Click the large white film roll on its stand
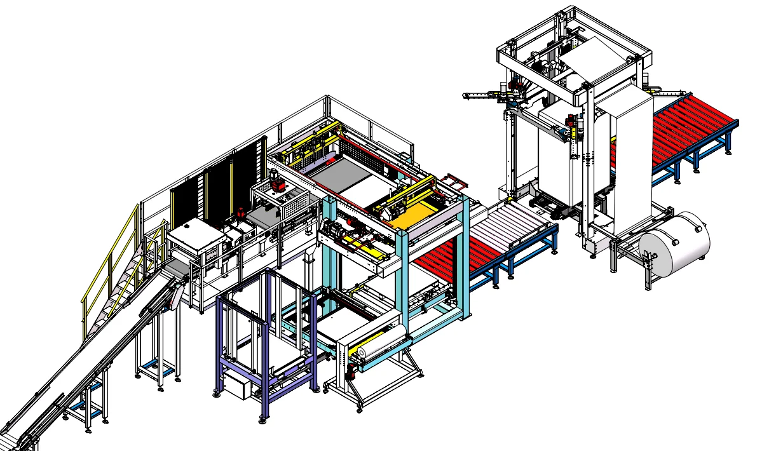pos(674,245)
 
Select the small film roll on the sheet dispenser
pos(380,344)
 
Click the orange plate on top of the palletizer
pos(413,216)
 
